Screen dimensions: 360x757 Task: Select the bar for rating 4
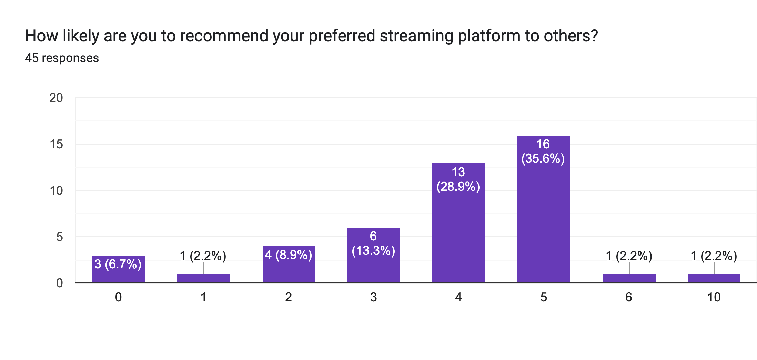coord(458,234)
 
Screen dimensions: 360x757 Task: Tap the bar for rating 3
coord(374,267)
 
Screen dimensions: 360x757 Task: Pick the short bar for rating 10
coord(714,278)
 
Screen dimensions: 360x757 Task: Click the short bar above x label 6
coord(629,278)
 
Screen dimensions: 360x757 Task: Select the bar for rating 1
coord(203,278)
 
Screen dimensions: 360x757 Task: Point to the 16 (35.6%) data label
coord(543,151)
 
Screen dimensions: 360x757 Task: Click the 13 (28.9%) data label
coord(458,179)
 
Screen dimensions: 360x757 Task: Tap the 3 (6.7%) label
coord(118,264)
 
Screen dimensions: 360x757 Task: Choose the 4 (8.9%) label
coord(289,255)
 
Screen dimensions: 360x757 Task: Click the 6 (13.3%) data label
coord(373,243)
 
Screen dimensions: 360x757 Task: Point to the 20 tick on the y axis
coord(56,98)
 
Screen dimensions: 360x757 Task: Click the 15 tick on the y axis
coord(56,144)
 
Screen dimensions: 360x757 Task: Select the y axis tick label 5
coord(59,237)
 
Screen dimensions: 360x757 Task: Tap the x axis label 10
coord(714,297)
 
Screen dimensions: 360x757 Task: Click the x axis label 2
coord(289,297)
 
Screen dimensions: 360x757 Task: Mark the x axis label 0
coord(118,297)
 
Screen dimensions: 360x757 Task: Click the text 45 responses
coord(62,58)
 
